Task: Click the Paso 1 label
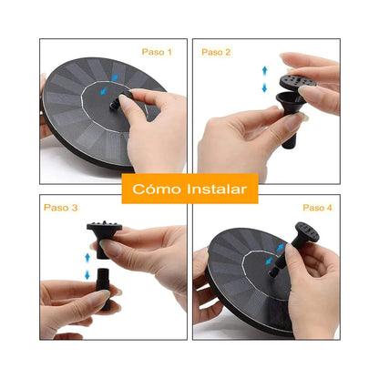[156, 53]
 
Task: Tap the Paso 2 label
[216, 53]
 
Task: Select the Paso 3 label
[59, 208]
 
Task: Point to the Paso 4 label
[317, 208]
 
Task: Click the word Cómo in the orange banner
[154, 189]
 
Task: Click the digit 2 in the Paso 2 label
[228, 53]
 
